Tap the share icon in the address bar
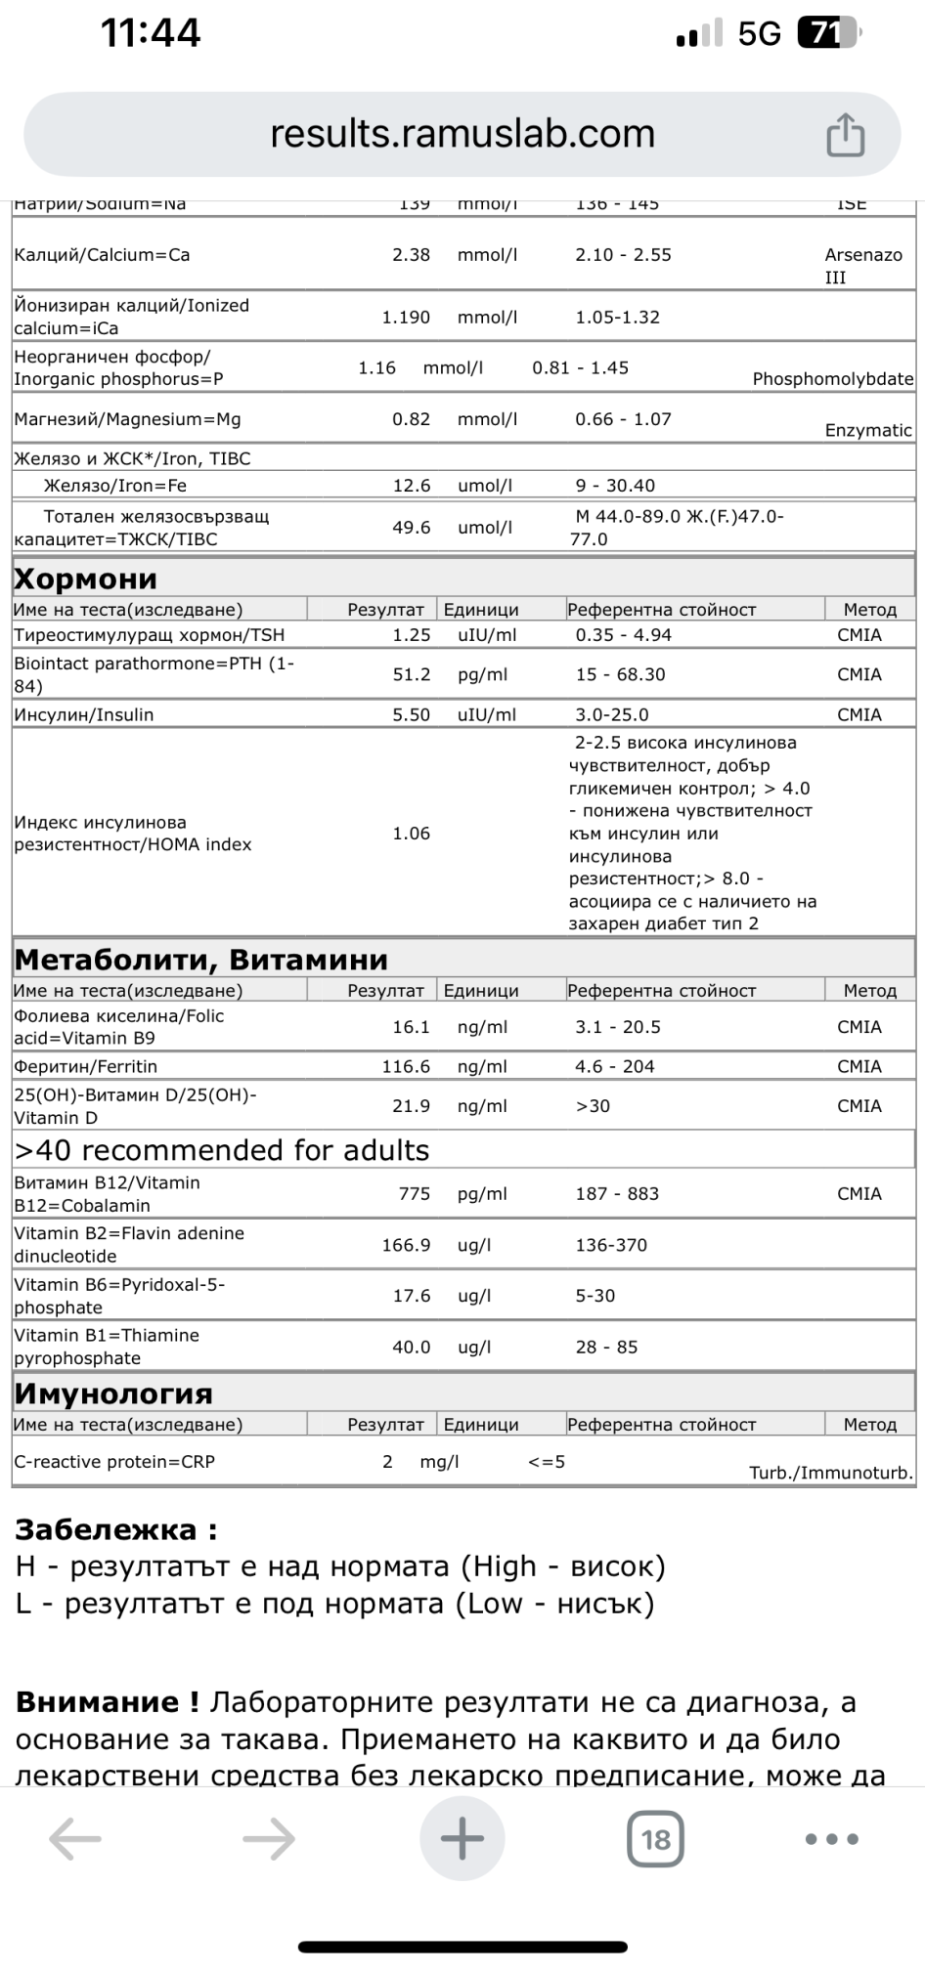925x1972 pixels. (x=845, y=135)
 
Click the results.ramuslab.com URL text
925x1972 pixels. (x=462, y=134)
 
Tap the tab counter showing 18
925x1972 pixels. (x=655, y=1839)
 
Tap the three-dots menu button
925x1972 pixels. (x=831, y=1839)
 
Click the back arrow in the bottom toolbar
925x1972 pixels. (x=75, y=1839)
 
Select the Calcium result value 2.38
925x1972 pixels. (x=411, y=255)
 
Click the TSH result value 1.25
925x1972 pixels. (x=411, y=635)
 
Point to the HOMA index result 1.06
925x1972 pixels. (x=411, y=834)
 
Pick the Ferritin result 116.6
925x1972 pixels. (x=406, y=1067)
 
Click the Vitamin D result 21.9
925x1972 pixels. (x=411, y=1106)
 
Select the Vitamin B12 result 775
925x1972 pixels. (x=415, y=1194)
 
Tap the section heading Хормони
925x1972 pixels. (x=86, y=579)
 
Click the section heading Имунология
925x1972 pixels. (x=113, y=1393)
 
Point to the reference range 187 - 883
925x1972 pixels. (x=617, y=1194)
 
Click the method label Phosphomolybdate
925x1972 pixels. (x=832, y=379)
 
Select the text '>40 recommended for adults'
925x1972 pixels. (x=222, y=1150)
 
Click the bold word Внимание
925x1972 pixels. (x=106, y=1702)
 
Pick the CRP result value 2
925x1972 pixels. (x=387, y=1462)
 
